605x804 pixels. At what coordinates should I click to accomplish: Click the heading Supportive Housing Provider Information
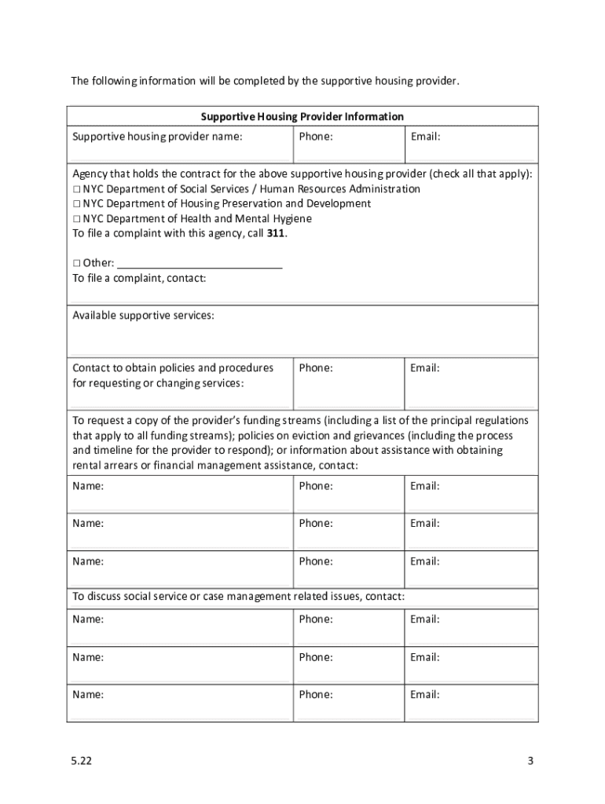pos(302,116)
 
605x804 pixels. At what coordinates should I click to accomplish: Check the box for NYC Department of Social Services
pos(77,189)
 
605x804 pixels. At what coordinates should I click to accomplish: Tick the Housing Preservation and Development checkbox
pos(77,203)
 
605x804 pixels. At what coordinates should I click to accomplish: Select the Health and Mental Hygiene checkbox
pos(77,218)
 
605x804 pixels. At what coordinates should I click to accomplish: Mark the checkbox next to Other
pos(77,262)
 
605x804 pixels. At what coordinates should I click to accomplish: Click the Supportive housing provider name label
pos(157,137)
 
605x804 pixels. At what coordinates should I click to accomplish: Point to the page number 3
pos(530,761)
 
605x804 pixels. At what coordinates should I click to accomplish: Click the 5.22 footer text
pos(78,761)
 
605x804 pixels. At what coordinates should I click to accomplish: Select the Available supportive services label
pos(143,316)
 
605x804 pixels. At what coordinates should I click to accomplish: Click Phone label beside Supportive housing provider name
pos(315,137)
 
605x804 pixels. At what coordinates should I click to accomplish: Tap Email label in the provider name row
pos(424,137)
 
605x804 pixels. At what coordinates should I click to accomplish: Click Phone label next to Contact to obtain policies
pos(315,367)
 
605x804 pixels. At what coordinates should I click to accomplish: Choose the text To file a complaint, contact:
pos(139,277)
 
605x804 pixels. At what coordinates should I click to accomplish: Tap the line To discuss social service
pos(239,596)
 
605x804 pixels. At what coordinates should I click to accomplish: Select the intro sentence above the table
pos(264,81)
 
